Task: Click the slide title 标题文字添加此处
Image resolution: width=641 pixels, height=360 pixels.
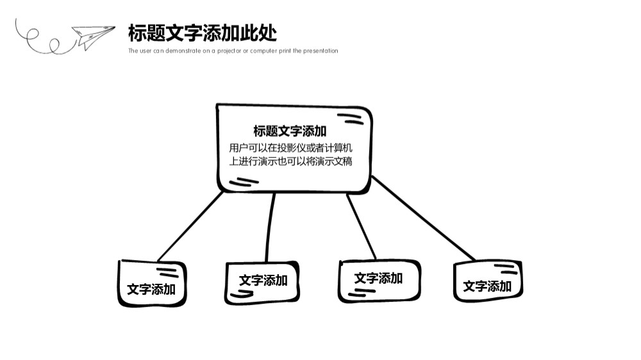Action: coord(203,33)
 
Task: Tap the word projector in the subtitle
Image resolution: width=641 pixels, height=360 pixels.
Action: coord(229,51)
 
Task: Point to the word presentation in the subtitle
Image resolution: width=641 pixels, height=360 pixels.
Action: coord(320,51)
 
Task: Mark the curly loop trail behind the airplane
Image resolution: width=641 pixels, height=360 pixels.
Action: coord(45,39)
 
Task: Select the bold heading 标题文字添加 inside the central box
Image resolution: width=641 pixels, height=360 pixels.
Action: coord(290,131)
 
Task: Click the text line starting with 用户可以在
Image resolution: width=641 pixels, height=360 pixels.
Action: coord(290,147)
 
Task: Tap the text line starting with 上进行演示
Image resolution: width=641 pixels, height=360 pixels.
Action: coord(290,161)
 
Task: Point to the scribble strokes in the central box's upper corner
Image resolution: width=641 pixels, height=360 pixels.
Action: coord(351,119)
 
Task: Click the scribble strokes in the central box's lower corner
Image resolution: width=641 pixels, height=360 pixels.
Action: coord(244,183)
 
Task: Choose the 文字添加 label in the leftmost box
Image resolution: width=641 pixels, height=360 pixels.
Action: coord(151,290)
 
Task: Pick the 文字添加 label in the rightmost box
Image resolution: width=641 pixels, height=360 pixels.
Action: coord(487,286)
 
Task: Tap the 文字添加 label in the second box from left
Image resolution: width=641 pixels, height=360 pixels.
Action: coord(263,281)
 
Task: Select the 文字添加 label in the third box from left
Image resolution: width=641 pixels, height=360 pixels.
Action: coord(378,278)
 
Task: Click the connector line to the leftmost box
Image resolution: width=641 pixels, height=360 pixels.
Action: coord(190,226)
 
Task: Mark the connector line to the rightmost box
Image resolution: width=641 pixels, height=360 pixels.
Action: coord(423,218)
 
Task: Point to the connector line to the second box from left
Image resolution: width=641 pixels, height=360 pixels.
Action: coord(271,227)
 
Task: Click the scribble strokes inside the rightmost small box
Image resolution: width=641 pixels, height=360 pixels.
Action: coord(506,269)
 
